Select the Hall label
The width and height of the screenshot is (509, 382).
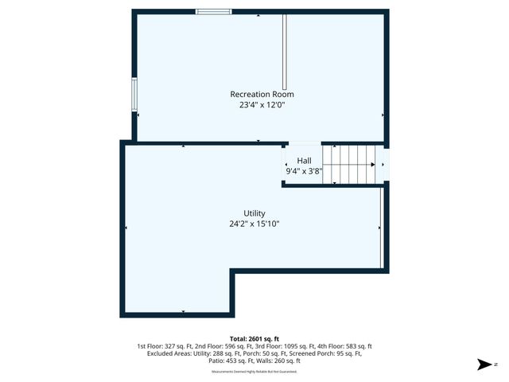(304, 160)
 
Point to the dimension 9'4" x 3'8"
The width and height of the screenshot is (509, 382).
(304, 170)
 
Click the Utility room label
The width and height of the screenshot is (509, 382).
(254, 213)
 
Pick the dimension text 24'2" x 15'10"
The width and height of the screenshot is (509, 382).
(254, 224)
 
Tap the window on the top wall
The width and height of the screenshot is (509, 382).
(214, 12)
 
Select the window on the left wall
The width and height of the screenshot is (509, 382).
(134, 95)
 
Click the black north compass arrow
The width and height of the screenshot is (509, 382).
(482, 364)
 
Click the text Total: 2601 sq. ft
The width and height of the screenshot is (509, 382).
(254, 338)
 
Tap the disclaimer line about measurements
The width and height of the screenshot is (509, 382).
(254, 372)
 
